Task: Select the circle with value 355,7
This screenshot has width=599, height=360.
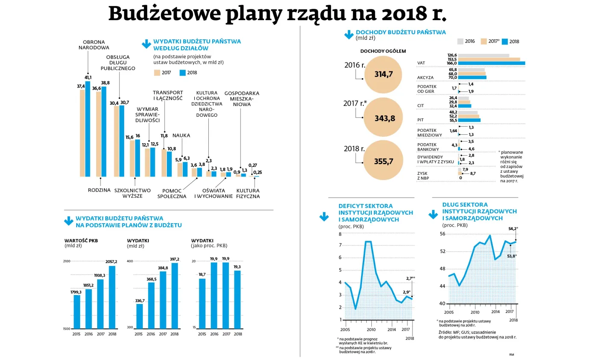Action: pyautogui.click(x=383, y=161)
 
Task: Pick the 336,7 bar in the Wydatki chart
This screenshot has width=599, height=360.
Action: pyautogui.click(x=139, y=316)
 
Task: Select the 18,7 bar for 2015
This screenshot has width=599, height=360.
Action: pyautogui.click(x=202, y=303)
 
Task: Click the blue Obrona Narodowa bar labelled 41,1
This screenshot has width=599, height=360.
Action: pyautogui.click(x=88, y=129)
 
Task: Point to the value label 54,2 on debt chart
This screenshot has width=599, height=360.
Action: pyautogui.click(x=513, y=229)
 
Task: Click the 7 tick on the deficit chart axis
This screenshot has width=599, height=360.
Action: pyautogui.click(x=341, y=245)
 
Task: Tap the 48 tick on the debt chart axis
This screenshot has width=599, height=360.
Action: pyautogui.click(x=443, y=269)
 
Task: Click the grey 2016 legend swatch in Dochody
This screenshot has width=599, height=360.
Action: pyautogui.click(x=460, y=41)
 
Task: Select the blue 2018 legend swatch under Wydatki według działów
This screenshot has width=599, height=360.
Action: pyautogui.click(x=182, y=73)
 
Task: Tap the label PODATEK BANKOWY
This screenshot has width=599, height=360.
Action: pyautogui.click(x=428, y=147)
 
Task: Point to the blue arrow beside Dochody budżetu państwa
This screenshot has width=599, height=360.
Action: pyautogui.click(x=349, y=35)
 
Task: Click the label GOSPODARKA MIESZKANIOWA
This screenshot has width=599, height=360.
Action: pyautogui.click(x=241, y=98)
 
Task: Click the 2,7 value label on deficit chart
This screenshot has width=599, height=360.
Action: pyautogui.click(x=409, y=278)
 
